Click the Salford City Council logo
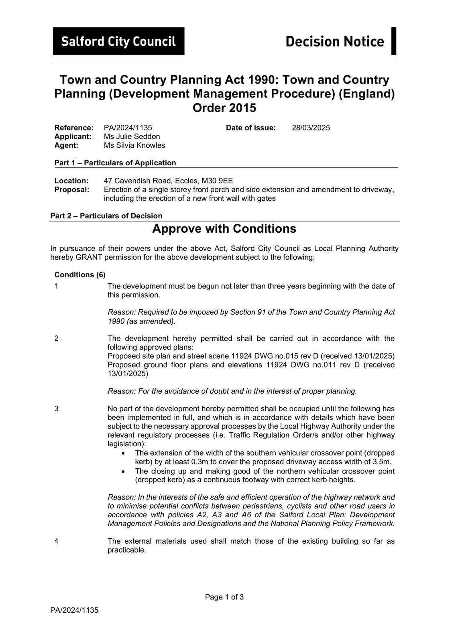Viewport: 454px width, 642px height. click(x=118, y=41)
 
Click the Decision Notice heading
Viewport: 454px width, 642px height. click(x=334, y=41)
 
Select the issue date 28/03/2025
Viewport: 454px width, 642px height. click(x=311, y=128)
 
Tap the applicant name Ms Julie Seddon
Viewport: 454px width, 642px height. click(x=132, y=136)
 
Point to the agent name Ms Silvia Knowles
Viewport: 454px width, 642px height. click(x=134, y=145)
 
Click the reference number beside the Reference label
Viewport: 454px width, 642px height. click(x=128, y=128)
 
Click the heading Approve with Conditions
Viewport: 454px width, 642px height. click(x=224, y=229)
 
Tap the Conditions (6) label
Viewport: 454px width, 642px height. click(x=80, y=275)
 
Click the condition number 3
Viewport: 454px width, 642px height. click(x=57, y=408)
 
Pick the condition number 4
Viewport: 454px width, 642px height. click(x=57, y=541)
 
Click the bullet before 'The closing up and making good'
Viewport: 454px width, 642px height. click(x=124, y=471)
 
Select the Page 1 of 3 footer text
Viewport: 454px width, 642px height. click(x=224, y=597)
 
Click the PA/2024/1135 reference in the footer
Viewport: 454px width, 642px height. click(x=74, y=610)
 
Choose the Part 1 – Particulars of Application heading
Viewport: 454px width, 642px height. click(x=115, y=163)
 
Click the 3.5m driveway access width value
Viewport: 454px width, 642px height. click(x=382, y=462)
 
